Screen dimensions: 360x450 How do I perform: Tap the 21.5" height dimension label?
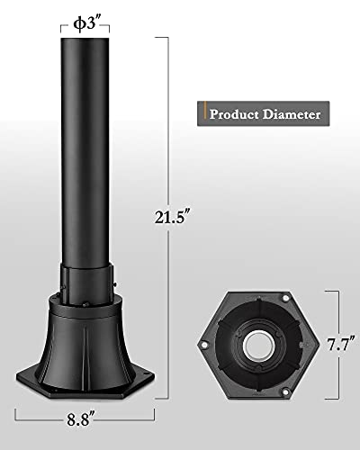pyautogui.click(x=173, y=217)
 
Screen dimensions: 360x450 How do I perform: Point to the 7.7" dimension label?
pyautogui.click(x=341, y=344)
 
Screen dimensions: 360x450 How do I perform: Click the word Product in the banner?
pyautogui.click(x=234, y=114)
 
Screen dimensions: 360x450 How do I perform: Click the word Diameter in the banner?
pyautogui.click(x=292, y=114)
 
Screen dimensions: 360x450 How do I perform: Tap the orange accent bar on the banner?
pyautogui.click(x=205, y=110)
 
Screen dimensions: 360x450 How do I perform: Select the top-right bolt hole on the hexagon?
pyautogui.click(x=285, y=299)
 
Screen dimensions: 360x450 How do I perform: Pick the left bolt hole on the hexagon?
pyautogui.click(x=204, y=345)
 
